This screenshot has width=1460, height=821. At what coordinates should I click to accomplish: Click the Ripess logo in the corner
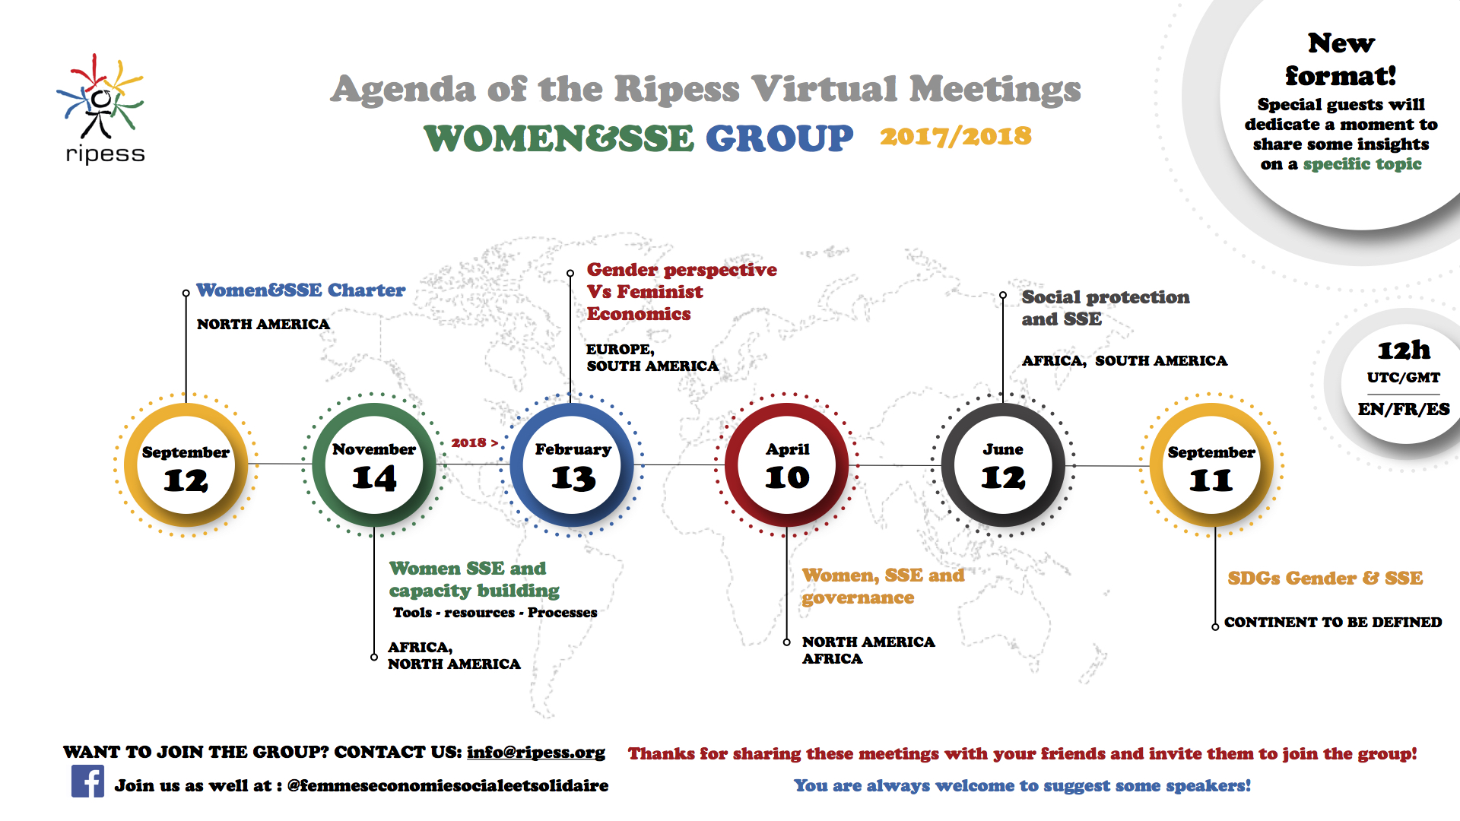click(x=102, y=109)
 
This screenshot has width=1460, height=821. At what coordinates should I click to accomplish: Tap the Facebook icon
click(x=87, y=781)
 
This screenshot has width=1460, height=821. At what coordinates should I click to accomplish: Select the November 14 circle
click(x=374, y=465)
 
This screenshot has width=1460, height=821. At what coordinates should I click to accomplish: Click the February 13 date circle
click(x=573, y=465)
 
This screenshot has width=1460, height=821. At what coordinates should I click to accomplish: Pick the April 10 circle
click(x=787, y=465)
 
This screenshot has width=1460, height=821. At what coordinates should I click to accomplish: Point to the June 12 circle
click(x=1003, y=465)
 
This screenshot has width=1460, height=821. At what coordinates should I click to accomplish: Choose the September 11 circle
click(x=1211, y=465)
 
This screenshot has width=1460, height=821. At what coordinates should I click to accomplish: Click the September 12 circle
click(x=186, y=465)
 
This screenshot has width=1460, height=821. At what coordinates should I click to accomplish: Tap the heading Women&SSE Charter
click(x=301, y=290)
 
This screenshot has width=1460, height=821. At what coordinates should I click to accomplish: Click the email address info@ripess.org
click(x=536, y=752)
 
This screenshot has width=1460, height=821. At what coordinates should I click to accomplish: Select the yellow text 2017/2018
click(x=956, y=136)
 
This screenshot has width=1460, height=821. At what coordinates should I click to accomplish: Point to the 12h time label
click(x=1404, y=350)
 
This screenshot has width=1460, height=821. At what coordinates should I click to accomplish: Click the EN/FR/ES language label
click(x=1404, y=409)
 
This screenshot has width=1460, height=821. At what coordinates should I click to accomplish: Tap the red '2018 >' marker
click(x=474, y=442)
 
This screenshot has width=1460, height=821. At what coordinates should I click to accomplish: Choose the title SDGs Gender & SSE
click(x=1325, y=579)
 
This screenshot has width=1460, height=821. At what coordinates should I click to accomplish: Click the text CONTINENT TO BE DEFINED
click(x=1333, y=622)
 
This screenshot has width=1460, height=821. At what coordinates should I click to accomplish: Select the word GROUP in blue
click(x=779, y=138)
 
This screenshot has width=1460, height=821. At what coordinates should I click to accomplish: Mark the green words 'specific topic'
click(x=1362, y=164)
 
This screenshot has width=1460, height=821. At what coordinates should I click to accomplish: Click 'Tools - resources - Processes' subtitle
click(x=495, y=613)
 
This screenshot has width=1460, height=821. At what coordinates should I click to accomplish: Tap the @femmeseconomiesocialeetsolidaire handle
click(x=448, y=785)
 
